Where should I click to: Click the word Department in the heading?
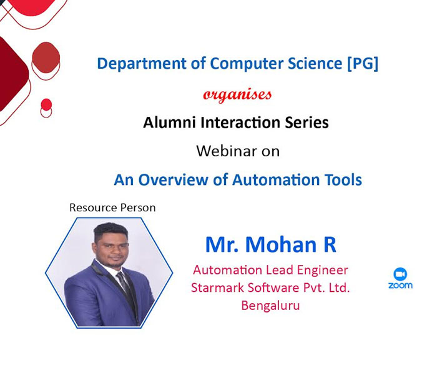pyautogui.click(x=142, y=64)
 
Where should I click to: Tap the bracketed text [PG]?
pyautogui.click(x=363, y=64)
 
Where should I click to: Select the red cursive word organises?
pyautogui.click(x=237, y=95)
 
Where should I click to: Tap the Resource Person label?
pyautogui.click(x=112, y=208)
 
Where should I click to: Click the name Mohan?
pyautogui.click(x=281, y=245)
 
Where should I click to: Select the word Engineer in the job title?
pyautogui.click(x=323, y=271)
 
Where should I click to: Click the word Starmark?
pyautogui.click(x=217, y=287)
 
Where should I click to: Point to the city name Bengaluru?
pyautogui.click(x=270, y=306)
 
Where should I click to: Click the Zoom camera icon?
pyautogui.click(x=400, y=274)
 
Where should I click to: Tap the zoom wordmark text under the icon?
pyautogui.click(x=400, y=286)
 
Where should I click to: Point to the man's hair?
pyautogui.click(x=110, y=231)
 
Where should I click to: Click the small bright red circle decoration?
pyautogui.click(x=46, y=104)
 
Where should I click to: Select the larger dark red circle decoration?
pyautogui.click(x=46, y=57)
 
